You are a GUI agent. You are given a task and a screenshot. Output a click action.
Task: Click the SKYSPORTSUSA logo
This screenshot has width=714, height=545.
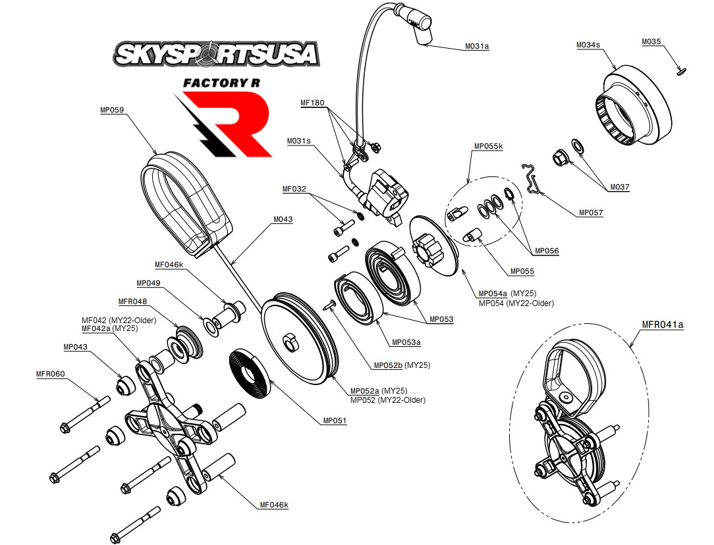click(217, 53)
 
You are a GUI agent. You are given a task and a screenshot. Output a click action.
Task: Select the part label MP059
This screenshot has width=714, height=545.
click(112, 111)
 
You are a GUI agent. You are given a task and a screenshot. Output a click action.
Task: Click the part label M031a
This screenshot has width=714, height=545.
click(477, 46)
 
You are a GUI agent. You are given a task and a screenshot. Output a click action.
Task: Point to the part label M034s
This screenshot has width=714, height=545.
click(588, 45)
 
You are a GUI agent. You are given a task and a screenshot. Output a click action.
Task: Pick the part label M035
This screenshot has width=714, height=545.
click(651, 42)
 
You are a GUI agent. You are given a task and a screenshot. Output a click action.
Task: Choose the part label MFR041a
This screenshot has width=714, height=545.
click(663, 324)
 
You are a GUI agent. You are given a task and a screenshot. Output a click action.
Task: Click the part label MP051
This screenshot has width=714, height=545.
click(335, 421)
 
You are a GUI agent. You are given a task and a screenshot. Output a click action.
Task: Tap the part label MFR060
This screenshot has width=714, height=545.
click(50, 374)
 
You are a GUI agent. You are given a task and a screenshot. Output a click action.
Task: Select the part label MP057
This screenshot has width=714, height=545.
click(591, 213)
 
